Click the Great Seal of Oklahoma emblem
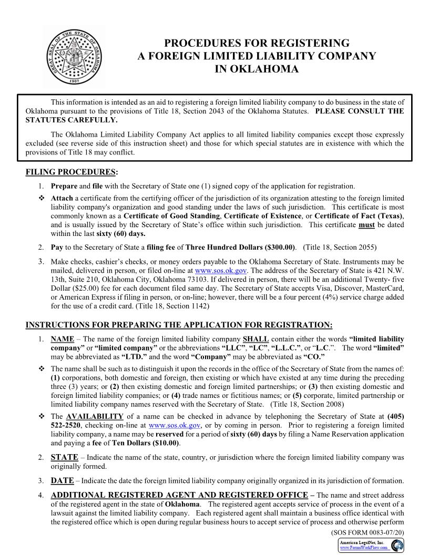[74, 54]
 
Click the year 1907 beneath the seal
[74, 84]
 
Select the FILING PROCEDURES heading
[71, 172]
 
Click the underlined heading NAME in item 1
[62, 339]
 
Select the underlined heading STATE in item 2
[64, 458]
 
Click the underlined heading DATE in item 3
[62, 480]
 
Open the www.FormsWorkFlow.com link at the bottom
[364, 547]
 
